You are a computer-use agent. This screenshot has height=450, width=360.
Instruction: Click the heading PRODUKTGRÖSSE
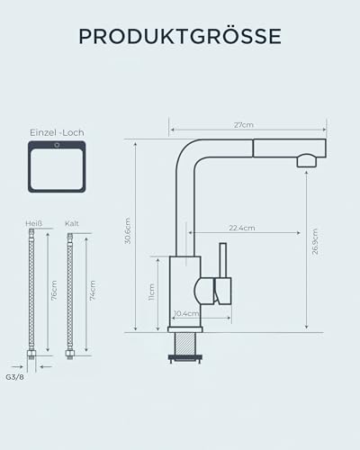pos(179,36)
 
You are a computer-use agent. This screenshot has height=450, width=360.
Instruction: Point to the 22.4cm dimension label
pos(239,228)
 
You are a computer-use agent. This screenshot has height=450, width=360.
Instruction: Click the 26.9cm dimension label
pos(315,241)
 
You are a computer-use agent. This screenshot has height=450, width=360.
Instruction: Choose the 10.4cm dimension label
pos(186,313)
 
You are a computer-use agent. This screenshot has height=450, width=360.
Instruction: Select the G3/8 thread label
pos(14,379)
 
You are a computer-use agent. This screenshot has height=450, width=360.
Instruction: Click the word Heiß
pos(33,223)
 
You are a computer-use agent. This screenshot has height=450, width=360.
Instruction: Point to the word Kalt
pos(72,223)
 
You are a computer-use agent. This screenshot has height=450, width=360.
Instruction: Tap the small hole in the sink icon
pos(58,144)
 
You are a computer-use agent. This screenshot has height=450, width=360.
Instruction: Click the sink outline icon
pos(58,166)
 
